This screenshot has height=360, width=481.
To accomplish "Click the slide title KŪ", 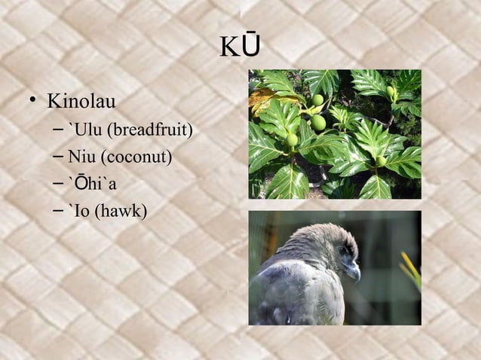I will coord(240,46).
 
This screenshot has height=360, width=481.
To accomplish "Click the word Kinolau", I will coord(84,101).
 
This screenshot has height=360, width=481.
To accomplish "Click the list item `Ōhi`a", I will coord(92,185).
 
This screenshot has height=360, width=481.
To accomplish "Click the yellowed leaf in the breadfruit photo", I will coord(265,97).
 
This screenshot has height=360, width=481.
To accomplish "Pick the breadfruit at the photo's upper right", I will coord(390,91).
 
